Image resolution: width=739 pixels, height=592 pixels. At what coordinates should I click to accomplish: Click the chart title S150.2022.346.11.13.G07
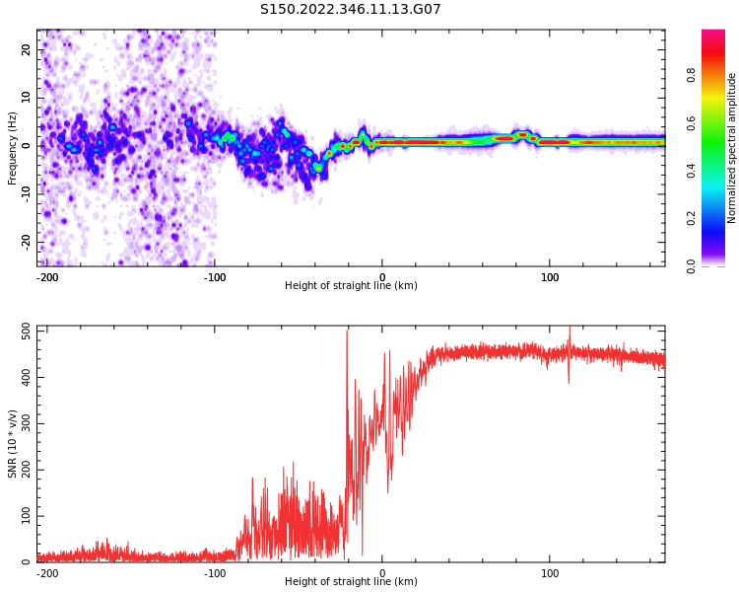(351, 10)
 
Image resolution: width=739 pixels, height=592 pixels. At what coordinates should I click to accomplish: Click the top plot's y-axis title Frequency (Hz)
(13, 146)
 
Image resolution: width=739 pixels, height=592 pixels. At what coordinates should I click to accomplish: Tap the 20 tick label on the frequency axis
(27, 49)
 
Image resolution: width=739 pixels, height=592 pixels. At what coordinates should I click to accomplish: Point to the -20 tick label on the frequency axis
(25, 242)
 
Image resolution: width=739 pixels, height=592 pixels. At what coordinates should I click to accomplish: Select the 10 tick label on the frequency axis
(27, 98)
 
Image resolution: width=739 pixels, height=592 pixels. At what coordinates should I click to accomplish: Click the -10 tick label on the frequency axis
(25, 193)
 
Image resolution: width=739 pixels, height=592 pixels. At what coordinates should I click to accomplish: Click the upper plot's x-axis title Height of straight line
(351, 286)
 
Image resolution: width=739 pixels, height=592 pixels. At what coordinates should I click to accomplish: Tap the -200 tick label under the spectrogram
(46, 277)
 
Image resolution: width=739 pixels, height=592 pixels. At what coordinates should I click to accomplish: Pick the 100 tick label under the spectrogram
(550, 277)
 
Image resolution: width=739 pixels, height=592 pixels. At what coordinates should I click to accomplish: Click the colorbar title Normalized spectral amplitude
(732, 148)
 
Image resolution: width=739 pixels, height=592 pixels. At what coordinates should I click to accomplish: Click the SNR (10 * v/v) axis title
(13, 444)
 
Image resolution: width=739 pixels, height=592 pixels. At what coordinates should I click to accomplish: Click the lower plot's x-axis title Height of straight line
(351, 582)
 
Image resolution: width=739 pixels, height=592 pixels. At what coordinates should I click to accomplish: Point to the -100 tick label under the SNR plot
(214, 573)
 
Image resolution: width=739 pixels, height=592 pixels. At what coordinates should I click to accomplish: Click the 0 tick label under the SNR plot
(382, 573)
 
